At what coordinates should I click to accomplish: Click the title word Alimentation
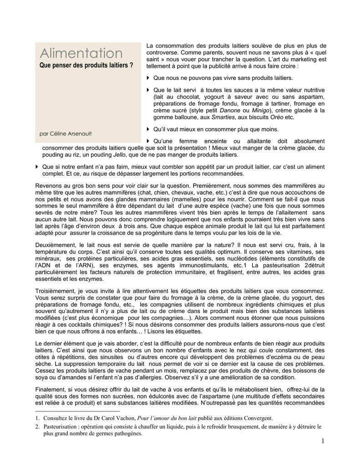coord(81,53)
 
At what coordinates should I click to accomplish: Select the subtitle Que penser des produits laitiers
coord(86,66)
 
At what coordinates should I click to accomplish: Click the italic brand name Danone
coord(230,111)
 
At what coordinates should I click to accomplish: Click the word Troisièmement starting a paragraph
coord(56,290)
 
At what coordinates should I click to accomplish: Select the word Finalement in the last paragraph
coord(51,390)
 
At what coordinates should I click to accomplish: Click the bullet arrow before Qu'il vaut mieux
coord(148,129)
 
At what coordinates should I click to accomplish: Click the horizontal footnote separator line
coord(77,410)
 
